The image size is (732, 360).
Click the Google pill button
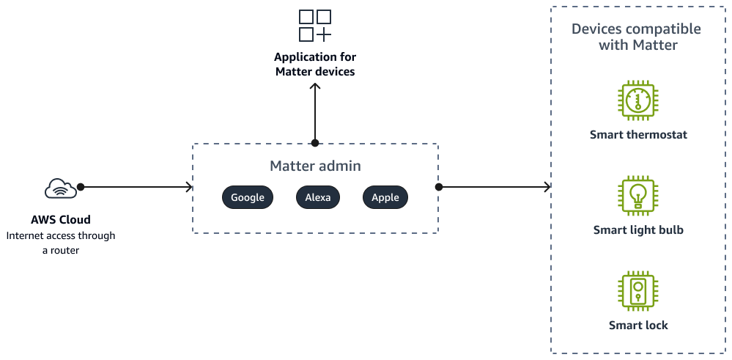(x=248, y=197)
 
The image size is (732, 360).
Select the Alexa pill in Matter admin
(x=318, y=197)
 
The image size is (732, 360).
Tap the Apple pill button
(x=385, y=197)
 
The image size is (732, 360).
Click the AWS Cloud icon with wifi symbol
(x=60, y=188)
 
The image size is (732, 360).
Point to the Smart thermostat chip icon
(x=638, y=100)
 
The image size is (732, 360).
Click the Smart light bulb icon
(x=638, y=196)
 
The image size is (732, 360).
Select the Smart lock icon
(x=638, y=291)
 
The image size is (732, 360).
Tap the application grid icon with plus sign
(x=315, y=26)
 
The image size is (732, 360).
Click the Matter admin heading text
(x=315, y=166)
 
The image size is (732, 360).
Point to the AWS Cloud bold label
(x=61, y=220)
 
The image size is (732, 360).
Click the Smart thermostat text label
(x=638, y=135)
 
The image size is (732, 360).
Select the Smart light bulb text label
(x=638, y=230)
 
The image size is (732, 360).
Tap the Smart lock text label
(x=638, y=326)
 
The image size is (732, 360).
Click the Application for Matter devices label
(x=315, y=65)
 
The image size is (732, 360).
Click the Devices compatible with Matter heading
(x=636, y=37)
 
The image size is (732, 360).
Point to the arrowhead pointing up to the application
(x=315, y=87)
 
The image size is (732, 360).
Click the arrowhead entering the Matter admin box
(x=190, y=187)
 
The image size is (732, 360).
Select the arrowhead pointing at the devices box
(x=548, y=187)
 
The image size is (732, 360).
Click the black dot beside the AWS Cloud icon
(x=81, y=187)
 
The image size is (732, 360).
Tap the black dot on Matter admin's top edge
(x=315, y=143)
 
